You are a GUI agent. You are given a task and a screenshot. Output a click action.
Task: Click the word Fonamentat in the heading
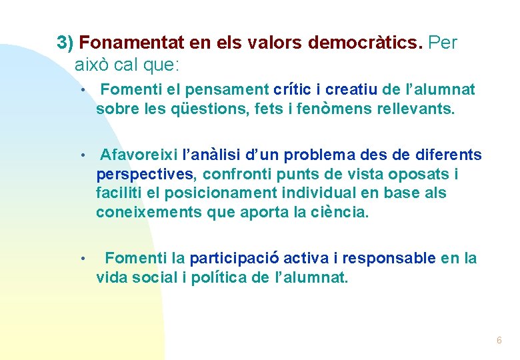click(x=131, y=43)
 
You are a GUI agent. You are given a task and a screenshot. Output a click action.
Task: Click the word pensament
click(x=227, y=89)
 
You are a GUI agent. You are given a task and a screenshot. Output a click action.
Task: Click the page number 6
click(x=499, y=341)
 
